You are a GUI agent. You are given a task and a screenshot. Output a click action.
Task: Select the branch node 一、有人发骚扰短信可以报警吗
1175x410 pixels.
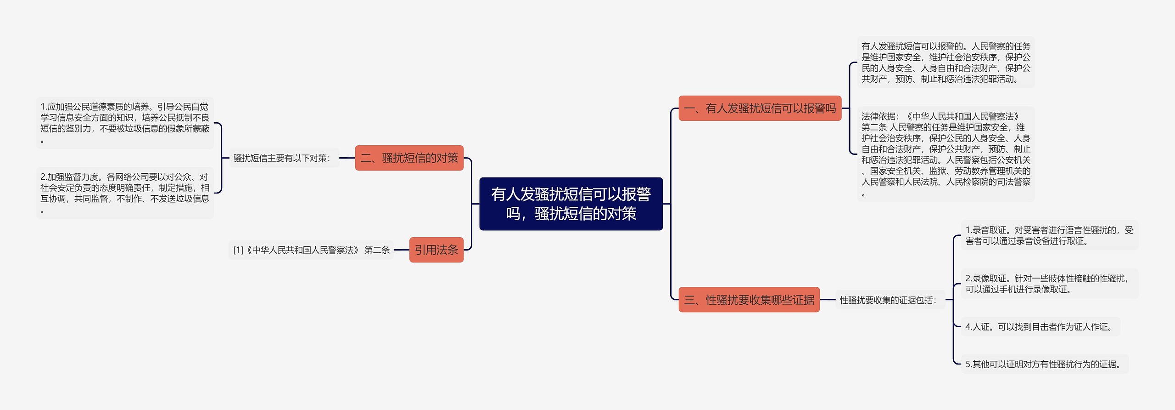point(760,108)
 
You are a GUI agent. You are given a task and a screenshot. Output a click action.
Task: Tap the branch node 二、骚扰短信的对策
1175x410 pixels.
point(409,158)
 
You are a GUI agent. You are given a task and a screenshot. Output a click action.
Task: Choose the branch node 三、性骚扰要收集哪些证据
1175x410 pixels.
point(749,300)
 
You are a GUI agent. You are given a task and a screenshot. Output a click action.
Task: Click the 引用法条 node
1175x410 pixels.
point(436,250)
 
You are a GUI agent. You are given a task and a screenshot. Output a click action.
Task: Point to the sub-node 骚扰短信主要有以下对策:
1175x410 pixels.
point(283,158)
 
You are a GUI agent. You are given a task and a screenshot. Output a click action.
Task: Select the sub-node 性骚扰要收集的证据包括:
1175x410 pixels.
point(889,300)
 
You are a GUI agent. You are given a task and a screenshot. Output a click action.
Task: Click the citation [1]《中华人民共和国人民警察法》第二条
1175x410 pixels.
point(311,250)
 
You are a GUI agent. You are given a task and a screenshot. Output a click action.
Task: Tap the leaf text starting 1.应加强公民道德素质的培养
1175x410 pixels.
point(125,123)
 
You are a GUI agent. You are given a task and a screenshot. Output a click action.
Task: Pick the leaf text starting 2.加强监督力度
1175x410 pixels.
point(125,193)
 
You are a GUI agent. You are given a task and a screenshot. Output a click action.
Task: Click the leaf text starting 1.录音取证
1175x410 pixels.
point(1049,235)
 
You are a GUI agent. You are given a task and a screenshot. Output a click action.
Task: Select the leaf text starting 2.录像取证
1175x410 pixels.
point(1049,284)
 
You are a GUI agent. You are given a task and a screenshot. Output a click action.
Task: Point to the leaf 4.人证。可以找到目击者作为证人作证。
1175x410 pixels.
point(1040,327)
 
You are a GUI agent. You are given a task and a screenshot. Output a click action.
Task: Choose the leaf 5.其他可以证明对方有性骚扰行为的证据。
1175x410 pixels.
point(1045,364)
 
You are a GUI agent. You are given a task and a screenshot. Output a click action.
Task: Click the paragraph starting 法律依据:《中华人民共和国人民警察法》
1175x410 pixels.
point(946,154)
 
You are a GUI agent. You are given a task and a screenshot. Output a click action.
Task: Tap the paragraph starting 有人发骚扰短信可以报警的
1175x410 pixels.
point(946,63)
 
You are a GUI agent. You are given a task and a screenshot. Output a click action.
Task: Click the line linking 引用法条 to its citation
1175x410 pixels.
point(401,250)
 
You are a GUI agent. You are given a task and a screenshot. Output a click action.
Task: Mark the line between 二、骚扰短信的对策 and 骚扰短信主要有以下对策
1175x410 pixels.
point(347,158)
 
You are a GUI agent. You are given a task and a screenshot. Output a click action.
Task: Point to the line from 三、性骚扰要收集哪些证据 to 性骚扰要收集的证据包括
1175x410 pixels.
point(828,300)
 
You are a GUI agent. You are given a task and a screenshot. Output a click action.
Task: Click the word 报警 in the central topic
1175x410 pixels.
point(636,194)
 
